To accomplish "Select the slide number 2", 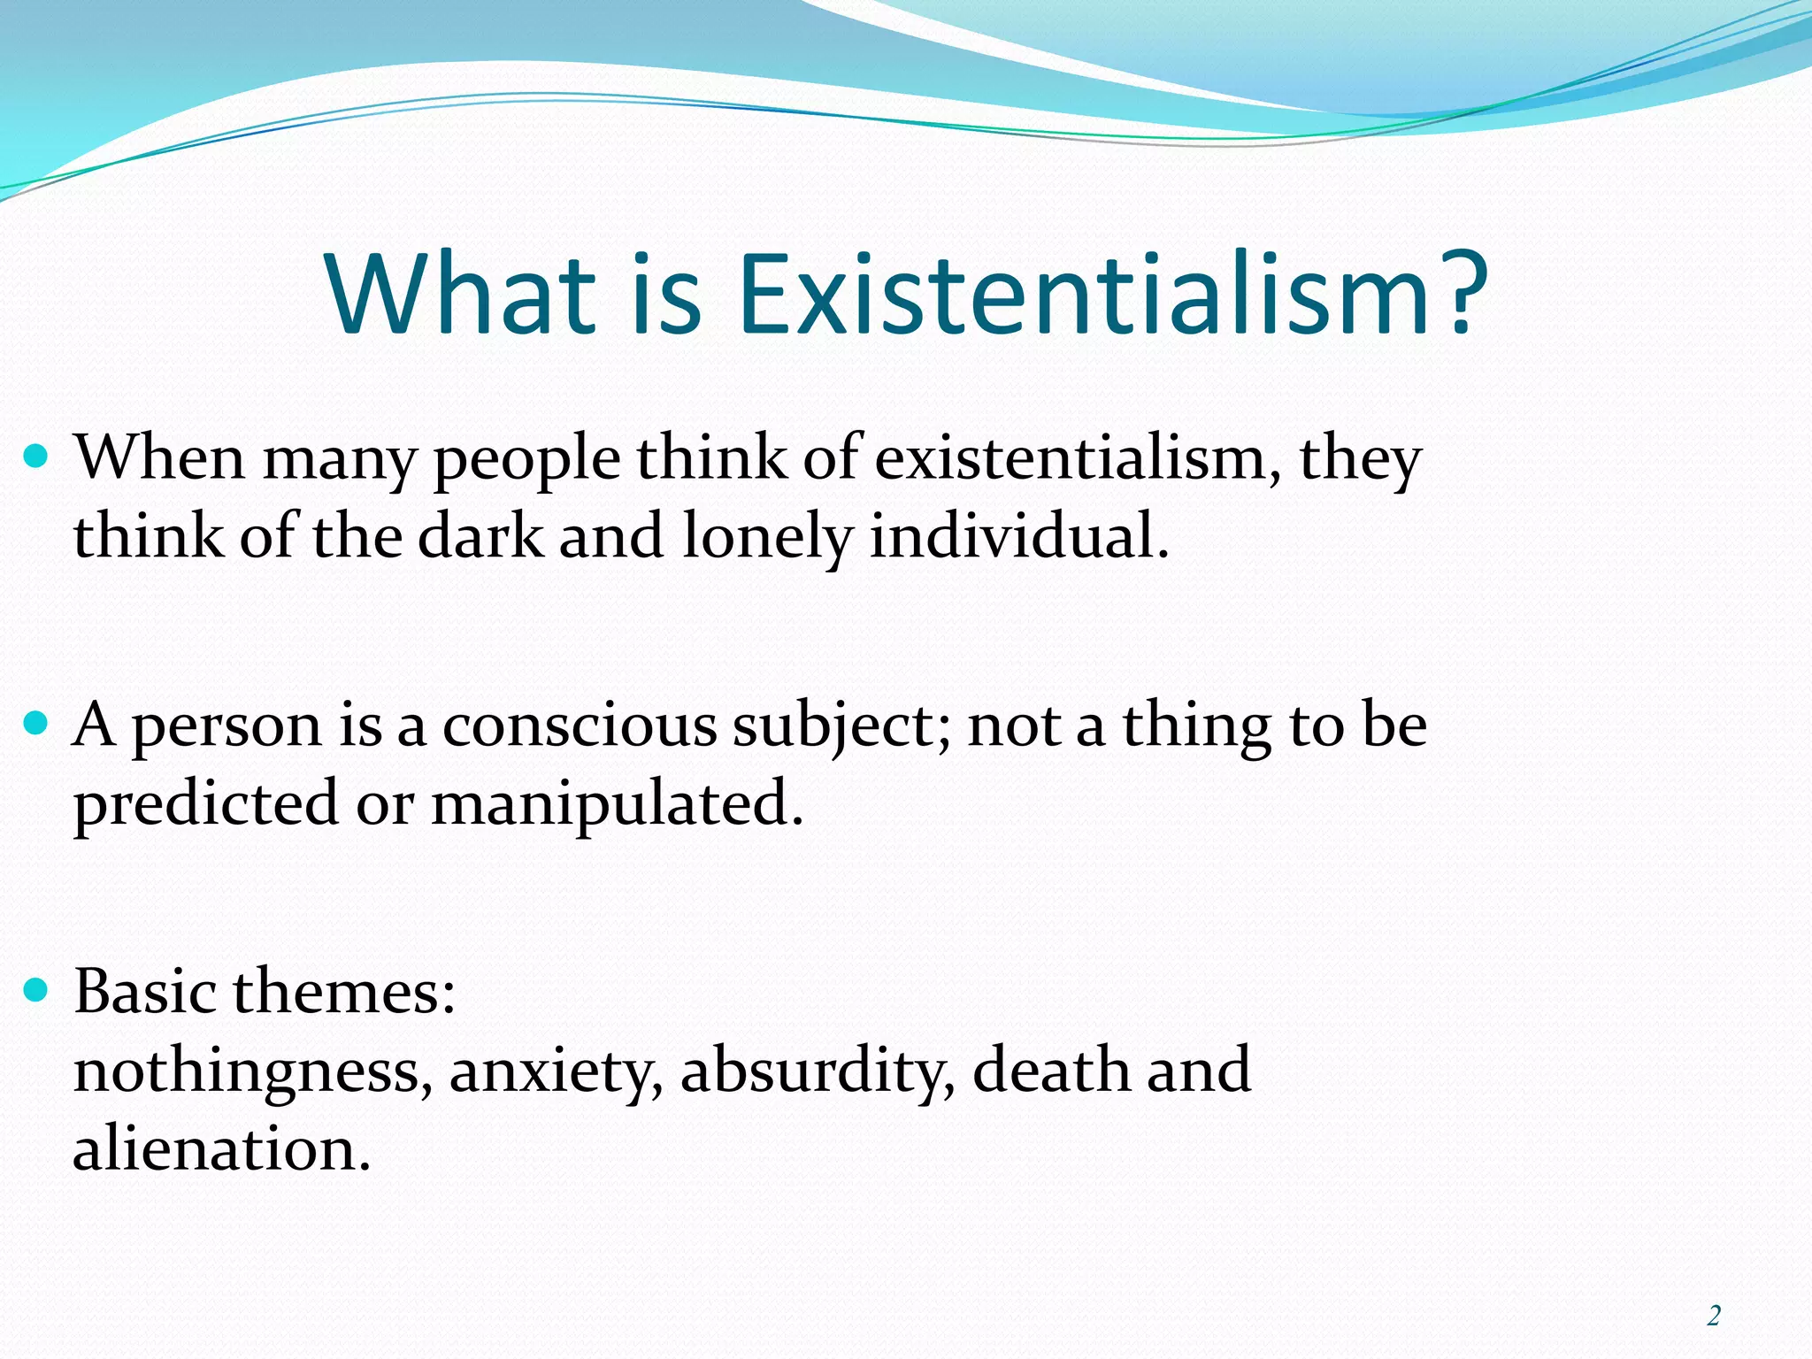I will (1714, 1317).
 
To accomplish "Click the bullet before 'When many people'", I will (36, 457).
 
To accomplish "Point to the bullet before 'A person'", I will (36, 724).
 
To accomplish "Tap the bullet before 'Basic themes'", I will (36, 989).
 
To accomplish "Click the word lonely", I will (767, 538).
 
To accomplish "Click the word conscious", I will (579, 726).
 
